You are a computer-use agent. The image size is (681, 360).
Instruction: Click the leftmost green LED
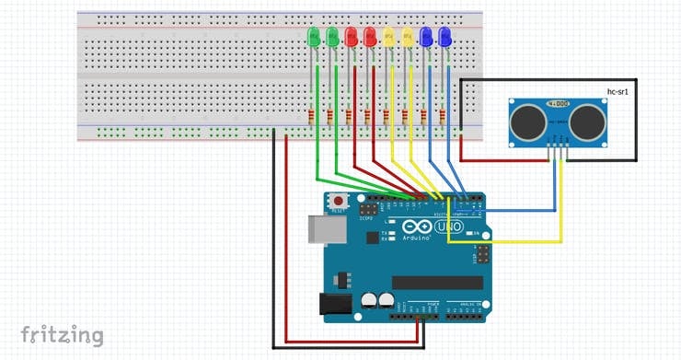point(313,37)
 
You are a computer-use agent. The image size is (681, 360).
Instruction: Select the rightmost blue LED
point(445,37)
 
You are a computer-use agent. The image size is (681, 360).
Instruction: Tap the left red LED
point(351,37)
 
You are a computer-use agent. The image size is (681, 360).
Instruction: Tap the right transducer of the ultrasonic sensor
point(586,119)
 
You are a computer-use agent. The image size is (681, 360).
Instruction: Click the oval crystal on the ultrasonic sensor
point(556,102)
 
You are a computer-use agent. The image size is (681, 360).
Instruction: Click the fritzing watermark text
point(62,333)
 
